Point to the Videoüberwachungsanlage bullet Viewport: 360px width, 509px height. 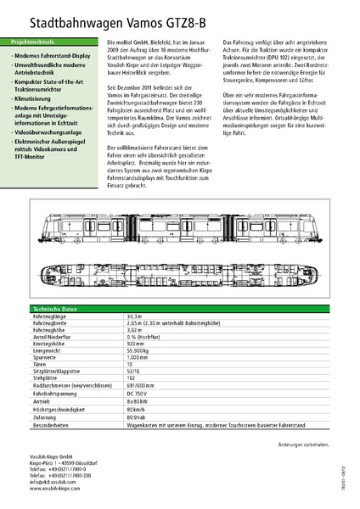point(48,133)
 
